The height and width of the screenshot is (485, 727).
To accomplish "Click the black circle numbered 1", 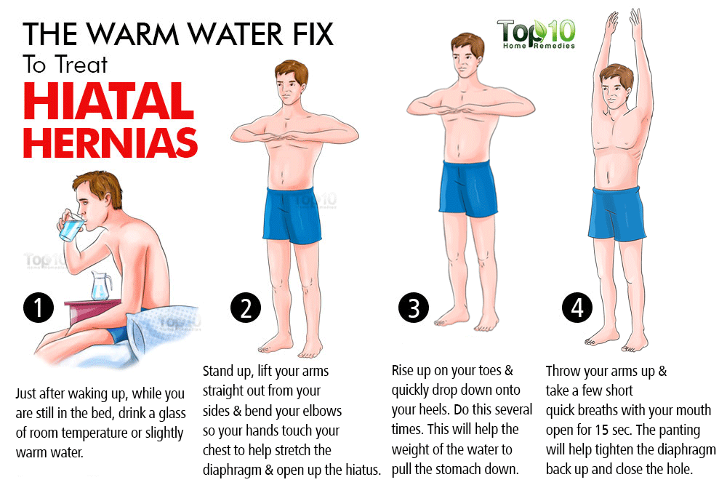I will pyautogui.click(x=39, y=308).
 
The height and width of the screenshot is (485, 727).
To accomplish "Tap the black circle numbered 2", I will pyautogui.click(x=246, y=309).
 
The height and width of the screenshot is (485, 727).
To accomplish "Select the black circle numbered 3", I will pyautogui.click(x=414, y=308).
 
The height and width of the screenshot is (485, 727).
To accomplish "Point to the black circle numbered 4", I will pyautogui.click(x=577, y=308).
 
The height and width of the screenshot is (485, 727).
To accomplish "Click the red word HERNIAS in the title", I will pyautogui.click(x=111, y=143).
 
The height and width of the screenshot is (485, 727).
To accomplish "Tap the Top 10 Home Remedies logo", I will pyautogui.click(x=536, y=33).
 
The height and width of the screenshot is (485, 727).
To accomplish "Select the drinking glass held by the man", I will pyautogui.click(x=71, y=228).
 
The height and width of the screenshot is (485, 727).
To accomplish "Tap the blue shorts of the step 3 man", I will pyautogui.click(x=470, y=188).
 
